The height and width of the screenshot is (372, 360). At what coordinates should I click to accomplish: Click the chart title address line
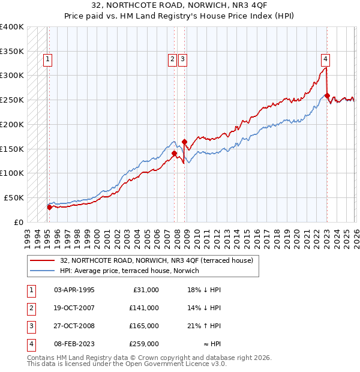pyautogui.click(x=180, y=5)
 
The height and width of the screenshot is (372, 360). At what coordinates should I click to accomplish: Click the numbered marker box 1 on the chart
pyautogui.click(x=47, y=59)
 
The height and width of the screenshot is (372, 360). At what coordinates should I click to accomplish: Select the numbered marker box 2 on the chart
pyautogui.click(x=172, y=59)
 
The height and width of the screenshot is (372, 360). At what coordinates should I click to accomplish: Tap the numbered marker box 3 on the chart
pyautogui.click(x=182, y=59)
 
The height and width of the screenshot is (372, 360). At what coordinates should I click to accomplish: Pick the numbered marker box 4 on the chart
pyautogui.click(x=325, y=59)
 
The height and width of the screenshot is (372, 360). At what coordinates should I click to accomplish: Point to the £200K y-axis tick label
pyautogui.click(x=12, y=124)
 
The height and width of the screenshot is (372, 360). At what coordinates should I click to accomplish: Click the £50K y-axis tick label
pyautogui.click(x=14, y=197)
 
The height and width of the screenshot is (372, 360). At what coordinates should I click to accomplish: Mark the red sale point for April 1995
pyautogui.click(x=49, y=207)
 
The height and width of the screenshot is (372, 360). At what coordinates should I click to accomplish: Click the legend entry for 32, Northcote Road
pyautogui.click(x=157, y=260)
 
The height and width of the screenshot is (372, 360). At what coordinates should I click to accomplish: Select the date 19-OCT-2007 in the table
pyautogui.click(x=74, y=308)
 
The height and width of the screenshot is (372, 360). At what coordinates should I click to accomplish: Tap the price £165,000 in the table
pyautogui.click(x=143, y=326)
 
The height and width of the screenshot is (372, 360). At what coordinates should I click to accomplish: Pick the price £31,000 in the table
pyautogui.click(x=145, y=290)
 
